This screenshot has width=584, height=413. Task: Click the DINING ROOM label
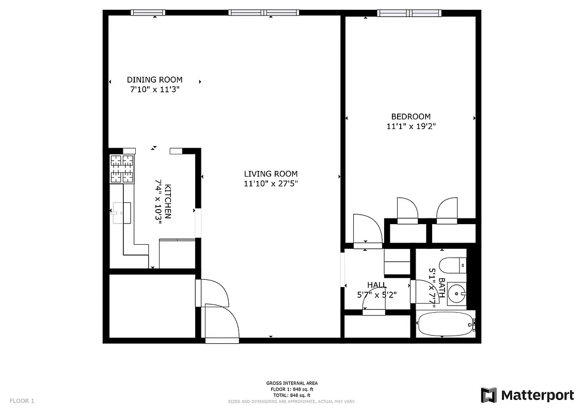pyautogui.click(x=154, y=80)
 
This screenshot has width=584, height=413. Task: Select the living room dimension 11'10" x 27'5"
pyautogui.click(x=271, y=183)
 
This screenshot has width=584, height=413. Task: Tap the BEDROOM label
pyautogui.click(x=411, y=117)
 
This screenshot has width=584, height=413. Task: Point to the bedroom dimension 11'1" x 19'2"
pyautogui.click(x=411, y=126)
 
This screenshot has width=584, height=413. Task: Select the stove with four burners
pyautogui.click(x=122, y=169)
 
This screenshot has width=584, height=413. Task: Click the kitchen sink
pyautogui.click(x=122, y=212)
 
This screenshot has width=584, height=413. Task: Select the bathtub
pyautogui.click(x=445, y=324)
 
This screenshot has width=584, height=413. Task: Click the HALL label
pyautogui.click(x=377, y=285)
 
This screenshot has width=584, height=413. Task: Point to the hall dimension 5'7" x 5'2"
pyautogui.click(x=377, y=295)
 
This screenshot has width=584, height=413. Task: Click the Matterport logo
pyautogui.click(x=527, y=395)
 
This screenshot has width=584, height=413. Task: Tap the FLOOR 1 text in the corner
pyautogui.click(x=22, y=401)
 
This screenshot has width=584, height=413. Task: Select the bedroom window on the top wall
pyautogui.click(x=409, y=13)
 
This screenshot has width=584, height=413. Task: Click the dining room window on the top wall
pyautogui.click(x=148, y=13)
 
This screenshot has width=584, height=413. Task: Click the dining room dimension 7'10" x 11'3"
pyautogui.click(x=154, y=89)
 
